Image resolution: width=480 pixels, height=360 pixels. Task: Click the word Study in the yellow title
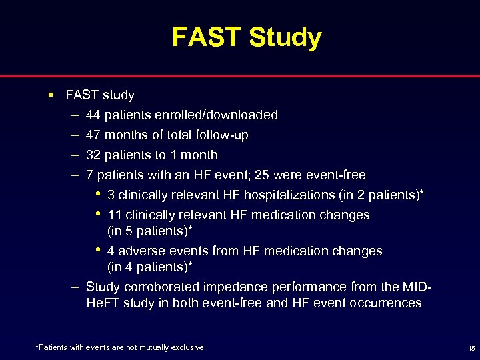tap(285, 37)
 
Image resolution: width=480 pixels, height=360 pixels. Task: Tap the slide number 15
tap(471, 348)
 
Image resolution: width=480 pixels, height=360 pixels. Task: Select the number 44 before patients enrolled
tap(93, 115)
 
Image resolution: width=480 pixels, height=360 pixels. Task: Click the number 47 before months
tap(93, 135)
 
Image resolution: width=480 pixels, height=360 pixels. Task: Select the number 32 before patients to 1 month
tap(93, 155)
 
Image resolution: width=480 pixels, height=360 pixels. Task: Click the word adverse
tap(141, 251)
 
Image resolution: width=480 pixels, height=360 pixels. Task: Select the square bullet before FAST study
tap(51, 95)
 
